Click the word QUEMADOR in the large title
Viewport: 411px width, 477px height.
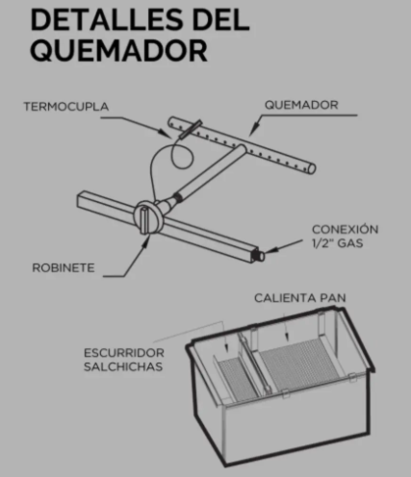coord(118,51)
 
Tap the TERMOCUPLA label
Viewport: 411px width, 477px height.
coord(66,107)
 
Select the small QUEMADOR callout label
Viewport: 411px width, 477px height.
coord(301,105)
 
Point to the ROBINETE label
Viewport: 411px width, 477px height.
coord(64,267)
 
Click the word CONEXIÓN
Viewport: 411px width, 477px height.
coord(346,229)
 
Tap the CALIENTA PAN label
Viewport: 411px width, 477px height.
coord(300,298)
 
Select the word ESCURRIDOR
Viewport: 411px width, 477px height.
coord(124,353)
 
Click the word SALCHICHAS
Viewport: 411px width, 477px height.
coord(123,366)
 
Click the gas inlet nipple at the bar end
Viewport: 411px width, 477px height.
coord(260,255)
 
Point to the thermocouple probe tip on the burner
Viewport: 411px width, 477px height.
coord(191,129)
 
